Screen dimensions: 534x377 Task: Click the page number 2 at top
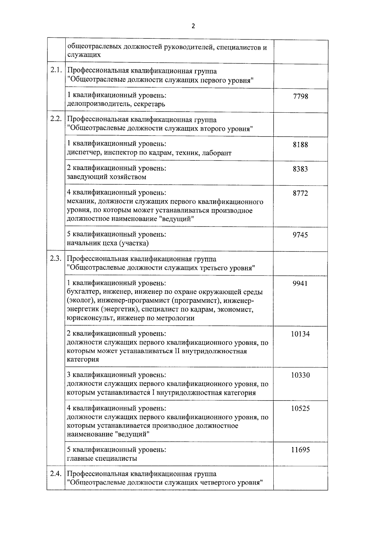[193, 26]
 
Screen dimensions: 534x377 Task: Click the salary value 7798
[300, 96]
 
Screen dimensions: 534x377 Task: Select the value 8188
[300, 145]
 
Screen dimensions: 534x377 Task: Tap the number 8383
[300, 169]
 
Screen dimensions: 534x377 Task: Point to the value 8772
[300, 194]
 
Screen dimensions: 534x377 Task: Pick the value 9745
[300, 235]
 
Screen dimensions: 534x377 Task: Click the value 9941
[300, 284]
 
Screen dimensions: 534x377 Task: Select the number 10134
[300, 334]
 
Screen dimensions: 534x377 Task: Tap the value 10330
[300, 375]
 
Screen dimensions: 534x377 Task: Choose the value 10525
[300, 409]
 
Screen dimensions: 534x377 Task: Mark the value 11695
[300, 450]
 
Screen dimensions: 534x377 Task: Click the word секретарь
[149, 104]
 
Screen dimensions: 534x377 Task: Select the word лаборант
[217, 153]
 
